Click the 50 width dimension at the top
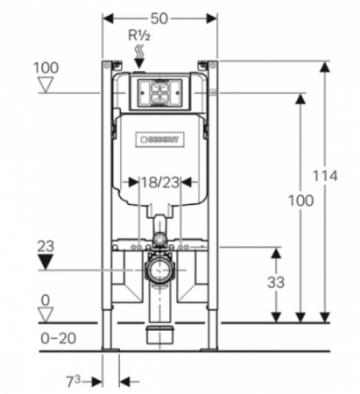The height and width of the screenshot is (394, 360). (x=159, y=19)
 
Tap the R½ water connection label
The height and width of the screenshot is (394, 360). (x=139, y=36)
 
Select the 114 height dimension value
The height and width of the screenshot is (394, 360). (x=325, y=176)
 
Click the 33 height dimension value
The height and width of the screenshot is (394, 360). (x=276, y=283)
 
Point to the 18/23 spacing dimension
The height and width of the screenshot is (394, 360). (x=160, y=183)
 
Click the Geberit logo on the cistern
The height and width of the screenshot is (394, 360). (x=159, y=140)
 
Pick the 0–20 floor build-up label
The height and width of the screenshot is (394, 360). (x=58, y=339)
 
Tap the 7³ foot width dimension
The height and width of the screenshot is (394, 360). (x=73, y=382)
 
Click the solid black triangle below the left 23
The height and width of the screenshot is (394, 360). (x=46, y=262)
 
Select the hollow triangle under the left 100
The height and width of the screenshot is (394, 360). (x=46, y=85)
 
